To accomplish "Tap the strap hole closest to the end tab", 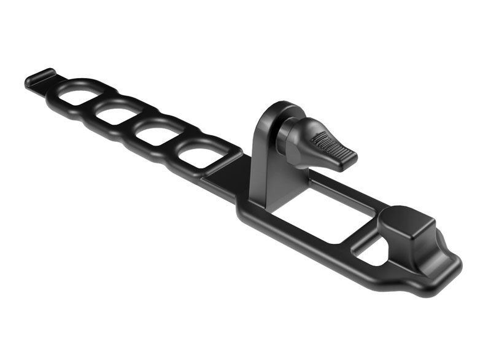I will [75, 95].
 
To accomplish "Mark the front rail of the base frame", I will [301, 240].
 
